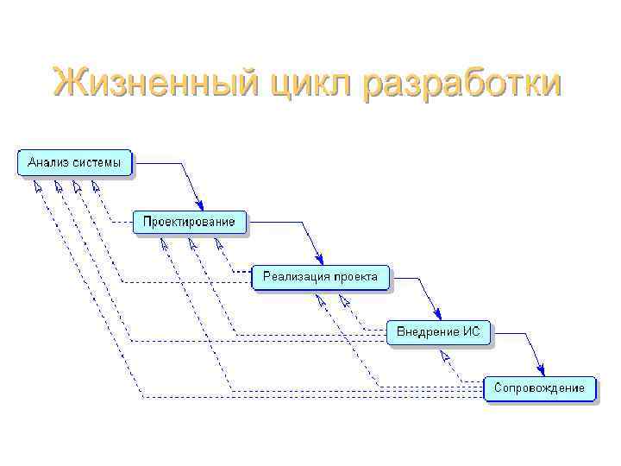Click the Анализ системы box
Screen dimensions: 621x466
[x=75, y=162]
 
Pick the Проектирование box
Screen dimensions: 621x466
[x=189, y=222]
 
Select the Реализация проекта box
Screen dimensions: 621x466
[x=320, y=277]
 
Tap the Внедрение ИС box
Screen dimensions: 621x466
[x=438, y=332]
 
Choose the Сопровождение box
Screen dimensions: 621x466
[x=539, y=388]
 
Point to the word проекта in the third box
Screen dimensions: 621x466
[x=354, y=277]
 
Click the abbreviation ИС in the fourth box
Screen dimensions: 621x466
[x=473, y=332]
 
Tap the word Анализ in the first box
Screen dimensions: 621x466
[x=47, y=162]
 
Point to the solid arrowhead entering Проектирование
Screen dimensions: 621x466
[x=197, y=203]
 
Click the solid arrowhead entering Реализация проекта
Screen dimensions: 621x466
[x=319, y=259]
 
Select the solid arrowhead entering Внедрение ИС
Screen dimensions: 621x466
[x=438, y=315]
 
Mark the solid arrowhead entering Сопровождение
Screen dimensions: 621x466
[x=541, y=370]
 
